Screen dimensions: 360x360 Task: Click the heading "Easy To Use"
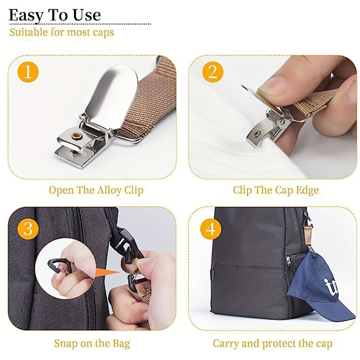(54, 14)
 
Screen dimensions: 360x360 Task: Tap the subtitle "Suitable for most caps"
(62, 32)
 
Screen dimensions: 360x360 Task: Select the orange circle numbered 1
(28, 72)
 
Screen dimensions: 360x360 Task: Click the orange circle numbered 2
(212, 72)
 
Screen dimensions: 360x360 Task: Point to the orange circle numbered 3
(28, 229)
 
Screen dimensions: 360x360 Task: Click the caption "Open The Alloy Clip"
(96, 190)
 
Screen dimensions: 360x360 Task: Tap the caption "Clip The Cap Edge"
(275, 190)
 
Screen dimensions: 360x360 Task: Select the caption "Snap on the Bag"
(92, 344)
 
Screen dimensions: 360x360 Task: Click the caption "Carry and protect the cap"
(273, 344)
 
